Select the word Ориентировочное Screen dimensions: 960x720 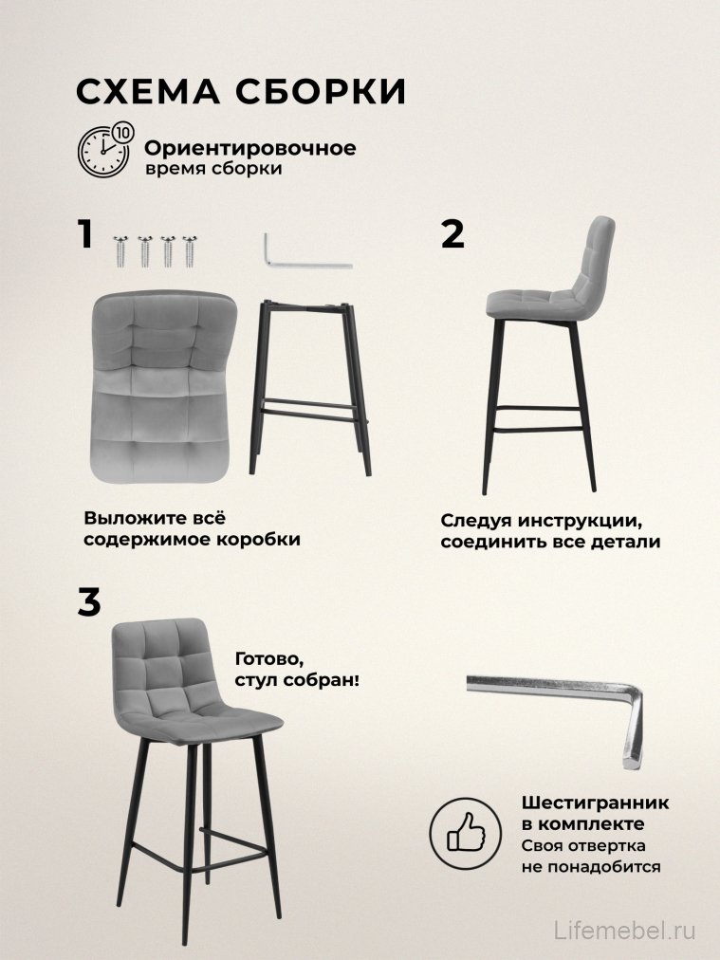[x=250, y=149]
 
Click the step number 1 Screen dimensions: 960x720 [x=85, y=234]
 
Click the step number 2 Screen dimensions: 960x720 [x=453, y=234]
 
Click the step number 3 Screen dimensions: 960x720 [x=88, y=602]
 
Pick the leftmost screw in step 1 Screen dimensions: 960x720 [x=122, y=250]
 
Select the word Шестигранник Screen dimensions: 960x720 [x=594, y=803]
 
